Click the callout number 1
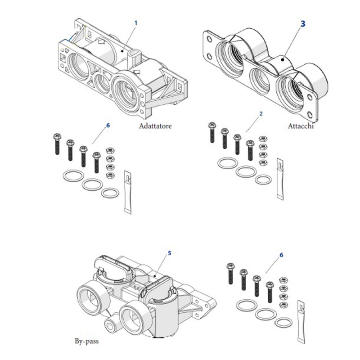pyautogui.click(x=135, y=22)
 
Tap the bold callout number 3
pyautogui.click(x=303, y=23)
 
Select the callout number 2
pyautogui.click(x=261, y=113)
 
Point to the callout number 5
pyautogui.click(x=169, y=253)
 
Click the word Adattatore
pyautogui.click(x=155, y=126)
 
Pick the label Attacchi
pyautogui.click(x=301, y=126)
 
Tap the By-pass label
pyautogui.click(x=86, y=341)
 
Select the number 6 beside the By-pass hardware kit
pyautogui.click(x=281, y=255)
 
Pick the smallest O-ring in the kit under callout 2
pyautogui.click(x=263, y=179)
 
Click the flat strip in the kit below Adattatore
pyautogui.click(x=126, y=189)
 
